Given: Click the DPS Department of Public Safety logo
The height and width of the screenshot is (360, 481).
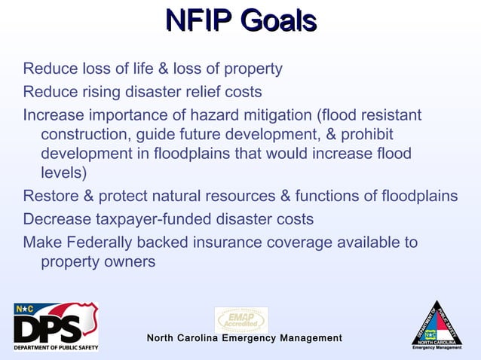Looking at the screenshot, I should pos(56,326).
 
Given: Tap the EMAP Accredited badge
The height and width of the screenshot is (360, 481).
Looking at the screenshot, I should pos(241,319).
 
